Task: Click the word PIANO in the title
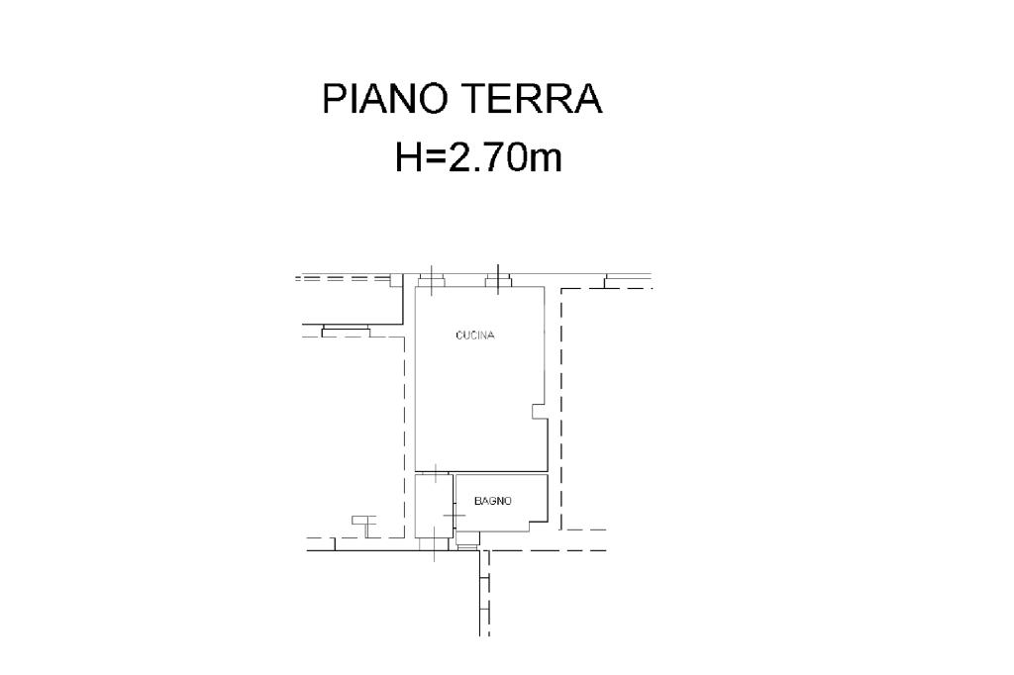click(385, 99)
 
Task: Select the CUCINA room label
click(475, 335)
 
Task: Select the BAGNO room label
click(493, 501)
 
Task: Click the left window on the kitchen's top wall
click(431, 280)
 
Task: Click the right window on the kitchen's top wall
click(498, 280)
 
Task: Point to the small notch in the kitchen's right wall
click(538, 412)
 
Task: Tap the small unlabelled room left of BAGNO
click(434, 507)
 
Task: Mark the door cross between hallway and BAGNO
click(455, 516)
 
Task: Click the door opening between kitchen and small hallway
click(436, 473)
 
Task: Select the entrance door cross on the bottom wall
click(434, 550)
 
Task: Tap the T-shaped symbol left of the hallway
click(364, 527)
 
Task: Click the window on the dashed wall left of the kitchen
click(346, 332)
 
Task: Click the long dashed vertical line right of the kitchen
click(560, 409)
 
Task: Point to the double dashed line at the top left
click(343, 279)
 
